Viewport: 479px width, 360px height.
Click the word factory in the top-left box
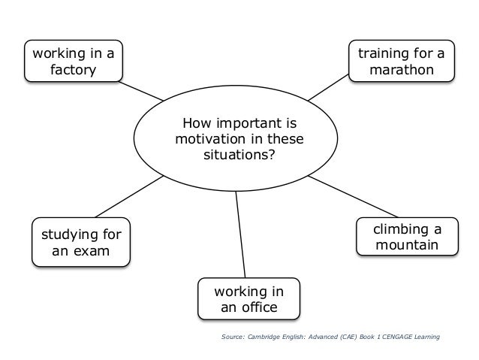point(74,71)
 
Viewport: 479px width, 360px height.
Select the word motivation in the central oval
point(210,140)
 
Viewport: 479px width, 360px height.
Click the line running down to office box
point(240,233)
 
